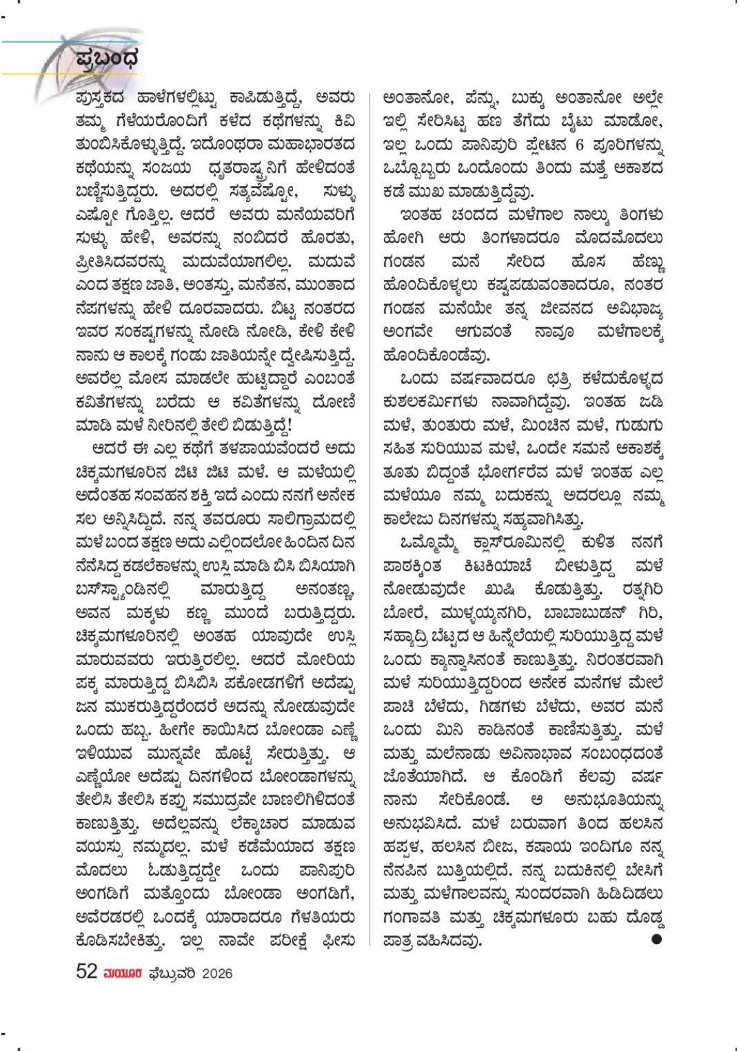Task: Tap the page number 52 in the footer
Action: tap(85, 972)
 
